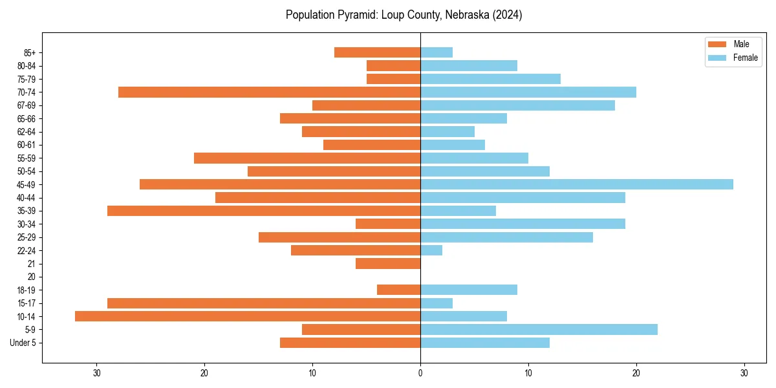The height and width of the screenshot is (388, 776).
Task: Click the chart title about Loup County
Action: tap(404, 15)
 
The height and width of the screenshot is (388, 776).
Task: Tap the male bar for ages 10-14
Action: tap(248, 316)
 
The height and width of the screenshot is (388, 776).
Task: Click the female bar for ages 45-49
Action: tap(577, 184)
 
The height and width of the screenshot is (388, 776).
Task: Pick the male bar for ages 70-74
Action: tap(270, 92)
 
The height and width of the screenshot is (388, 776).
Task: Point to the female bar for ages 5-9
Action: tap(539, 329)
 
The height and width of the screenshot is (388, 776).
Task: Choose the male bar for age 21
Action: tap(388, 263)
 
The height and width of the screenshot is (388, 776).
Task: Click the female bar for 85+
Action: tap(436, 52)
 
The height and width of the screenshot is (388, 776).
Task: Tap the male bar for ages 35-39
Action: tap(264, 211)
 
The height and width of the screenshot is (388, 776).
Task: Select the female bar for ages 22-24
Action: tap(431, 250)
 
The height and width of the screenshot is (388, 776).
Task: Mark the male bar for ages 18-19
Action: tap(399, 290)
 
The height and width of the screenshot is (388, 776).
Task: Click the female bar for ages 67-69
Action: tap(517, 105)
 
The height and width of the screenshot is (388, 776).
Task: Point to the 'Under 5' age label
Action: tap(23, 343)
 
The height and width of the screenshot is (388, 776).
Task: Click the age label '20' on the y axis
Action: tap(31, 277)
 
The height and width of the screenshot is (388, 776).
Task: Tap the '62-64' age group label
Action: tap(27, 132)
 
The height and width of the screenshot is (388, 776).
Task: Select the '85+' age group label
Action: tap(28, 52)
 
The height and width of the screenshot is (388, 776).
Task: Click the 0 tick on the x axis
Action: tap(420, 373)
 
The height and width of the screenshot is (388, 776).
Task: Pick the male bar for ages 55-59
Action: tap(307, 158)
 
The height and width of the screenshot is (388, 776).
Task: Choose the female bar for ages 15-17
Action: tap(436, 303)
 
